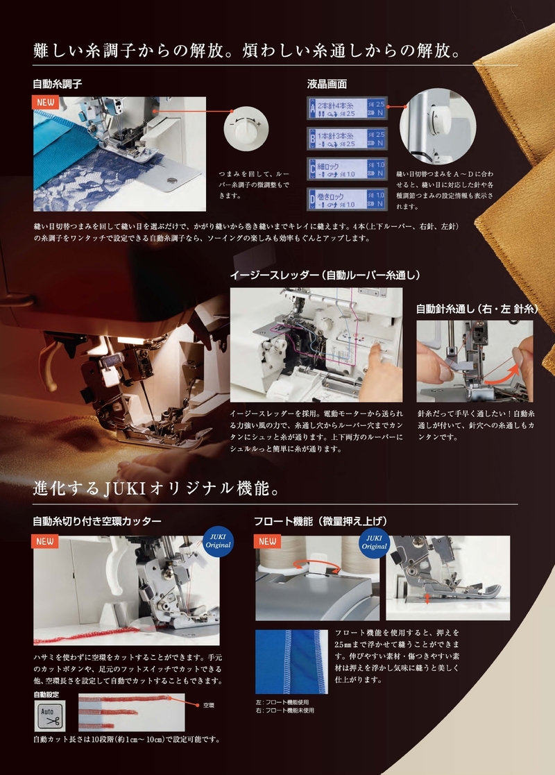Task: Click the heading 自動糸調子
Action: pyautogui.click(x=58, y=84)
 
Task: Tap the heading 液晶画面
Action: pyautogui.click(x=327, y=84)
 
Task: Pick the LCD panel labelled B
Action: pyautogui.click(x=346, y=138)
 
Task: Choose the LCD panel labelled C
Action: pyautogui.click(x=346, y=169)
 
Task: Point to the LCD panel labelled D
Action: pyautogui.click(x=346, y=199)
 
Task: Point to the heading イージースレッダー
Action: pyautogui.click(x=325, y=275)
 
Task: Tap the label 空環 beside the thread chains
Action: pyautogui.click(x=208, y=705)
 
